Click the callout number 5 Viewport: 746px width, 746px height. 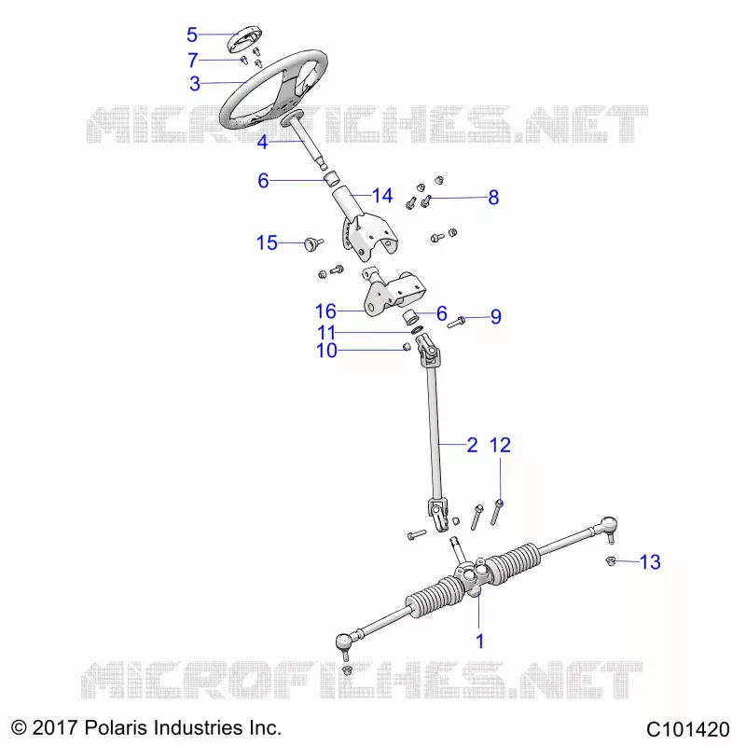(192, 35)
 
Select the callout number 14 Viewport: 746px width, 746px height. (382, 196)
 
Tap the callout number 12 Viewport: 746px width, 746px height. (500, 446)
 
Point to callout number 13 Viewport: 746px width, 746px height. (650, 562)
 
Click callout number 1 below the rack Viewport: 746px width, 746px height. (479, 642)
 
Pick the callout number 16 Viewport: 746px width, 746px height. (325, 311)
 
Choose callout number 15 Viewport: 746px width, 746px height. (267, 242)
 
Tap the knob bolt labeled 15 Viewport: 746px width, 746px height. (313, 244)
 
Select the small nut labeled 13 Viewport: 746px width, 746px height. (611, 561)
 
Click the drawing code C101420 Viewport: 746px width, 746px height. (687, 729)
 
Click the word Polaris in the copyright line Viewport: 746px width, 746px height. (116, 728)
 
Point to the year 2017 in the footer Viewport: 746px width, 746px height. (55, 728)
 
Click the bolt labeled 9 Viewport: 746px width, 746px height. (456, 323)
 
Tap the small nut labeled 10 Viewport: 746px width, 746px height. (407, 346)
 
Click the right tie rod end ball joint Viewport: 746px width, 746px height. (609, 526)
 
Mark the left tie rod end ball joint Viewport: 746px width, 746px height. (344, 642)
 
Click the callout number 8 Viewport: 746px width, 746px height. (493, 198)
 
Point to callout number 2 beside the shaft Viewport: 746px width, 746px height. (472, 446)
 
